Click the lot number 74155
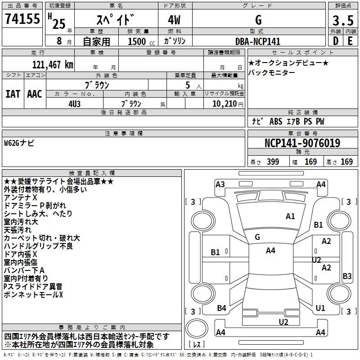22,20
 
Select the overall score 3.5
342,21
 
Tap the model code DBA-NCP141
258,41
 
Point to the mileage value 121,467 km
53,64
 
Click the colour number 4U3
75,103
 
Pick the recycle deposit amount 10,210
224,103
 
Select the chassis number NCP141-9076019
302,144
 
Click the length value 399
272,162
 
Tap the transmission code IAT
13,94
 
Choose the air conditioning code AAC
35,94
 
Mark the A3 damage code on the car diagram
220,184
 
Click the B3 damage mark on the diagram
347,276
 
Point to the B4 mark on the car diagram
221,308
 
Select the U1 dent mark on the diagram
320,308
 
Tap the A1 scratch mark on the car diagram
290,216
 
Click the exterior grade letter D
336,41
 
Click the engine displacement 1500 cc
138,41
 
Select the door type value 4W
175,21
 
